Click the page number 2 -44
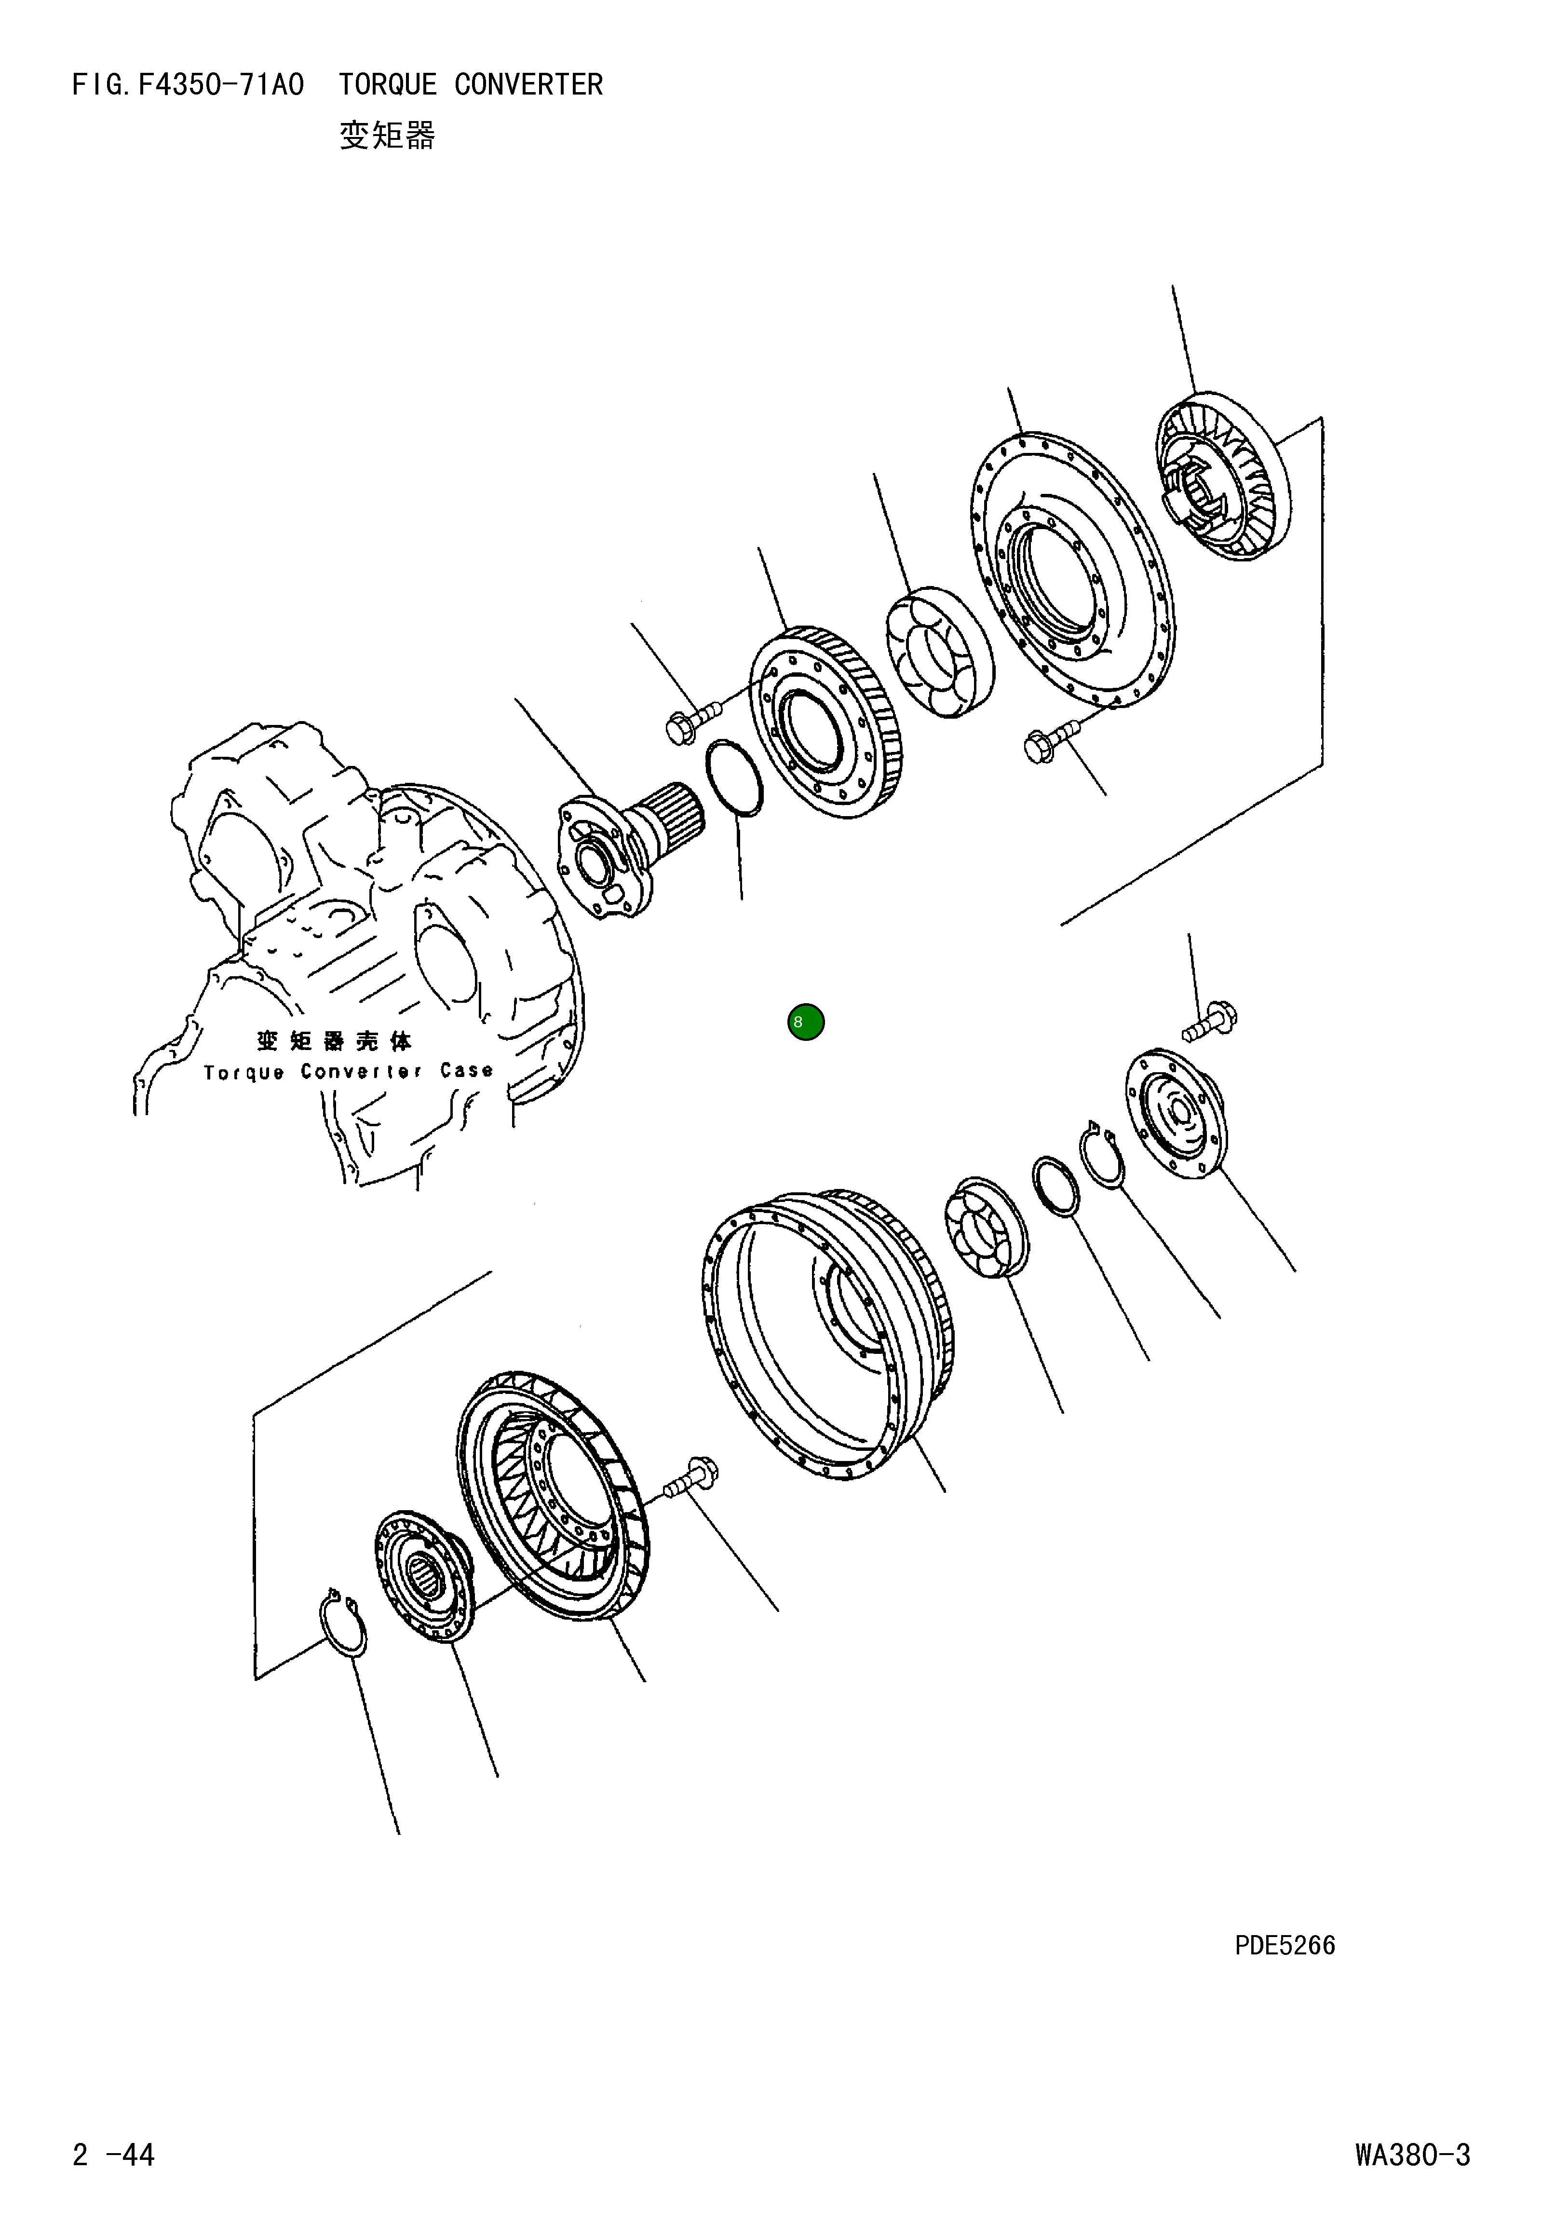(113, 2155)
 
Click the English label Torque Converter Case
(348, 1072)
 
